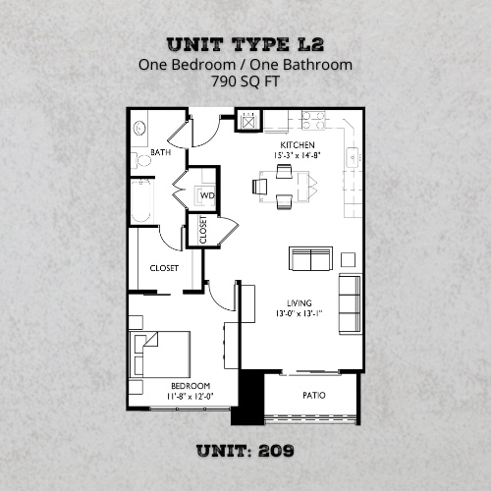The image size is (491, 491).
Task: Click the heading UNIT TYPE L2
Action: [x=245, y=44]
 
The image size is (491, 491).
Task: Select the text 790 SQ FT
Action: [x=245, y=83]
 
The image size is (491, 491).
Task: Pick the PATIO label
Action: [x=314, y=397]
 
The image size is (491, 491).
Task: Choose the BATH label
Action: [x=159, y=153]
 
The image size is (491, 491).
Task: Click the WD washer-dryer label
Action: [x=207, y=195]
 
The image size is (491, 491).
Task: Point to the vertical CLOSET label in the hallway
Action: [x=203, y=229]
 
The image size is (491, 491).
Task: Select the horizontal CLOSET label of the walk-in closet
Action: [x=163, y=267]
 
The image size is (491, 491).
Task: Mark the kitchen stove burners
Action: [x=312, y=120]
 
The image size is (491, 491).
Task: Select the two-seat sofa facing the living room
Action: [x=311, y=259]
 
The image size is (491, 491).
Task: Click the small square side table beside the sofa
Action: [x=349, y=258]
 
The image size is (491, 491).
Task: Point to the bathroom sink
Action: [x=140, y=128]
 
